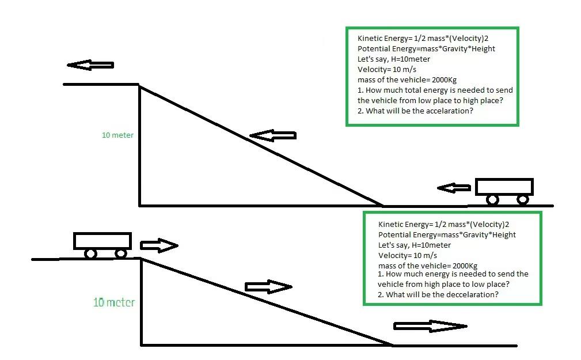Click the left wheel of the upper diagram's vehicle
click(492, 199)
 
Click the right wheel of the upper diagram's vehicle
click(523, 199)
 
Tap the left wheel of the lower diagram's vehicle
click(91, 253)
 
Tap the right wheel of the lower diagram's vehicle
click(121, 253)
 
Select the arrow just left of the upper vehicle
click(454, 188)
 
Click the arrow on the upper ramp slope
click(273, 136)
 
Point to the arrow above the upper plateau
click(90, 65)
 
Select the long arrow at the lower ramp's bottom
click(430, 326)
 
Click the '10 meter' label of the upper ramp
click(117, 135)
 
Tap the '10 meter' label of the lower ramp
click(114, 302)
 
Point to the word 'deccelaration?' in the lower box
click(470, 294)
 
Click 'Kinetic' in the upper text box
click(371, 38)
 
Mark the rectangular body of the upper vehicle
click(504, 187)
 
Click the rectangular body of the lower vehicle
click(102, 241)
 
